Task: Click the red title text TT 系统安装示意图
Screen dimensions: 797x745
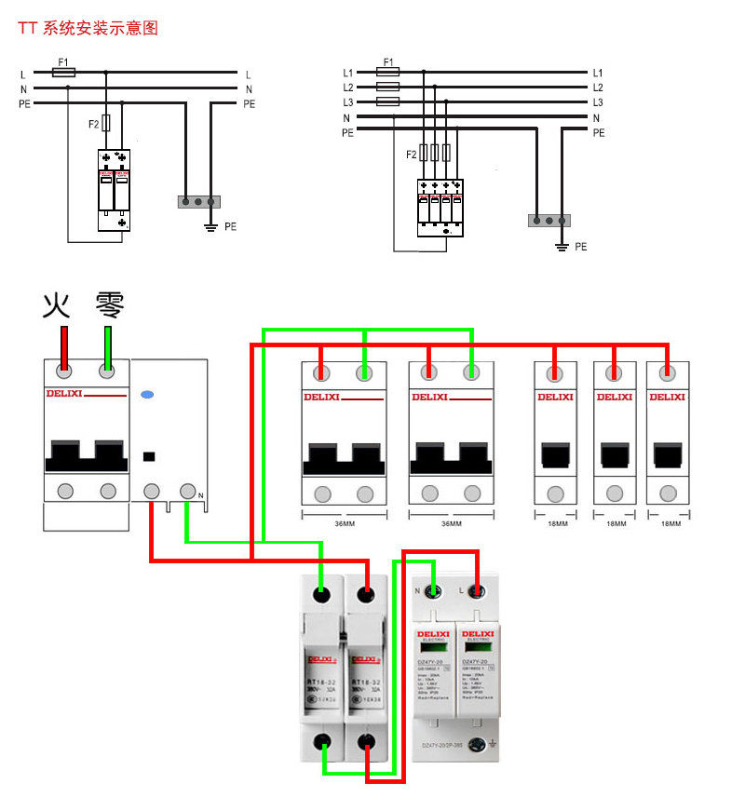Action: point(88,28)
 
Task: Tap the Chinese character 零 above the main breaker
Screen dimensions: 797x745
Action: point(109,304)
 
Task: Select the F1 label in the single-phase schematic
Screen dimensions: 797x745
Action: point(62,61)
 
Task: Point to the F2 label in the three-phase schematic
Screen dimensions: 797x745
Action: point(412,155)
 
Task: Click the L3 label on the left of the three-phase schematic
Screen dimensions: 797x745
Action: point(348,102)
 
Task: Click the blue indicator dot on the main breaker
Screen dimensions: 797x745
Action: point(146,395)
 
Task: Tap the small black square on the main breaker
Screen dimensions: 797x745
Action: point(146,456)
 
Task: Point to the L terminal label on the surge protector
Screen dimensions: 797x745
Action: point(461,589)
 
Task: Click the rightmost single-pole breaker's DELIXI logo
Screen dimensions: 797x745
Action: point(667,398)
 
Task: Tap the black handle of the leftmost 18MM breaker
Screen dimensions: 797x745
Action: point(556,454)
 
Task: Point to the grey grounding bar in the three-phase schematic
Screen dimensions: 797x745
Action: point(549,221)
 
